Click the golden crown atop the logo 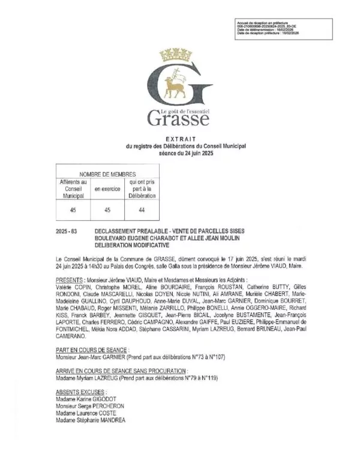(179, 58)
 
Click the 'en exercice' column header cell (107, 189)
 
